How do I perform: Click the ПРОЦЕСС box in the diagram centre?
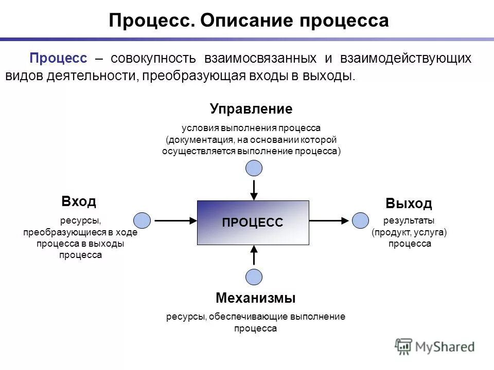(x=253, y=223)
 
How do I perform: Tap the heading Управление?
(x=251, y=109)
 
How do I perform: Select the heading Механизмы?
(x=256, y=298)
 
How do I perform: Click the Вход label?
(x=79, y=201)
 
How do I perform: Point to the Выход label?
(x=409, y=203)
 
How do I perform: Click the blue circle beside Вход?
(x=142, y=220)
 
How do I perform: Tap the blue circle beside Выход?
(x=361, y=220)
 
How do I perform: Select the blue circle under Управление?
(x=254, y=168)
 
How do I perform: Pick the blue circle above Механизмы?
(x=254, y=277)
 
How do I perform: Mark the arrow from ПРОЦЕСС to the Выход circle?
(x=329, y=220)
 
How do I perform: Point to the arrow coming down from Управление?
(x=254, y=189)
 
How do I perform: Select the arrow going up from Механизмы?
(x=254, y=255)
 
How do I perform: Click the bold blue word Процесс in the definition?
(x=58, y=58)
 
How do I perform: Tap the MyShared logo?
(x=435, y=347)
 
